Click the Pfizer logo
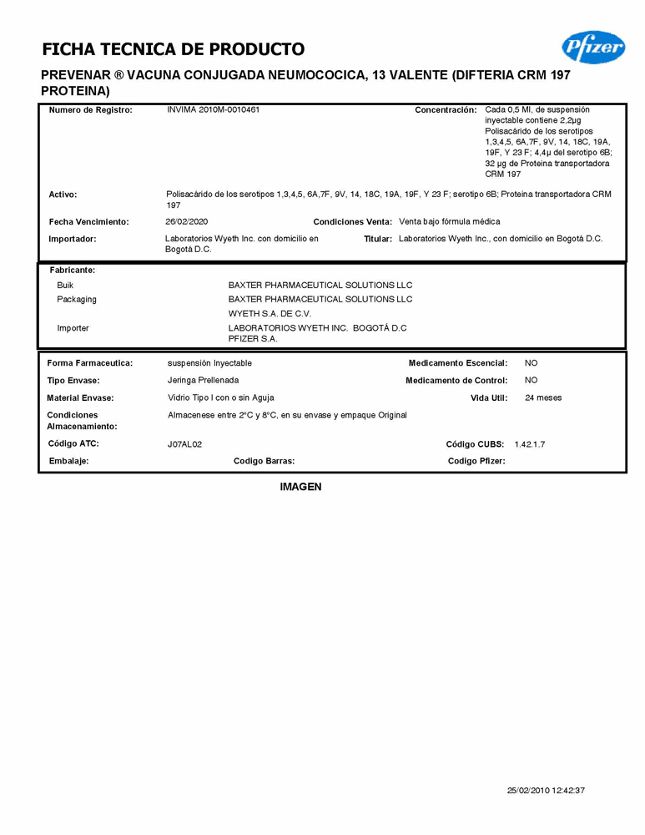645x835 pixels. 593,48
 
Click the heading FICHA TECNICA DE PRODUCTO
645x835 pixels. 173,49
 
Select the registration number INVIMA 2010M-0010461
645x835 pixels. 213,110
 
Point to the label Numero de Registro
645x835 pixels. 90,110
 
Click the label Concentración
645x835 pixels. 446,110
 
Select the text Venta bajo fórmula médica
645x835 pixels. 450,222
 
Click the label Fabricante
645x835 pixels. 73,271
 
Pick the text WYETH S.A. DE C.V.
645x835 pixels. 270,314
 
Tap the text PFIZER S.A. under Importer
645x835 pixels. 253,339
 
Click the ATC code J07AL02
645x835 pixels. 185,444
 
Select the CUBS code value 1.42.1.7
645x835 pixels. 530,444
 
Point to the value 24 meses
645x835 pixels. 543,398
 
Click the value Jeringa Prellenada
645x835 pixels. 203,381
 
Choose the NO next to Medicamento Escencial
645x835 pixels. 531,363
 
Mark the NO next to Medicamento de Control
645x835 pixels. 531,381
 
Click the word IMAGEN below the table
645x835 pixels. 300,487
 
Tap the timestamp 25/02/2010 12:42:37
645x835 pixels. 546,790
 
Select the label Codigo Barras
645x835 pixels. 264,461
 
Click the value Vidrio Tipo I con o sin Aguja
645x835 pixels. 220,398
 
